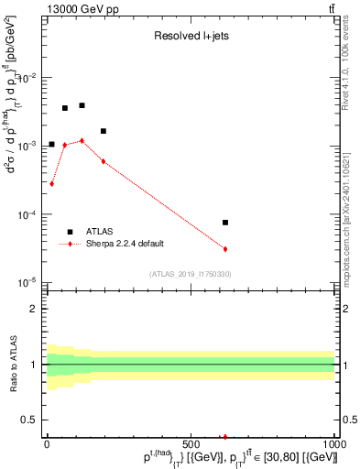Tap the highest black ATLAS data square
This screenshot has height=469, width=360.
coord(82,105)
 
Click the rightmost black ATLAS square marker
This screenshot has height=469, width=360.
coord(225,223)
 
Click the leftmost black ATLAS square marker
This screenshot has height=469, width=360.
coord(52,144)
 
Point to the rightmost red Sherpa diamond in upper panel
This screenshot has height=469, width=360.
coord(225,249)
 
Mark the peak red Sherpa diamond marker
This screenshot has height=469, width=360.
coord(82,141)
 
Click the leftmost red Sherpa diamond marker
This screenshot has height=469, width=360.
coord(52,183)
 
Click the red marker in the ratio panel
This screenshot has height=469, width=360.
coord(225,437)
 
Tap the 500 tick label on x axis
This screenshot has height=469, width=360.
coord(191,446)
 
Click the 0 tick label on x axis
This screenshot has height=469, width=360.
coord(48,446)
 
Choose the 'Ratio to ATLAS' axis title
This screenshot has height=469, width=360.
coord(12,365)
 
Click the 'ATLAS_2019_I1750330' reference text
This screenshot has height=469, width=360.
coord(191,274)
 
